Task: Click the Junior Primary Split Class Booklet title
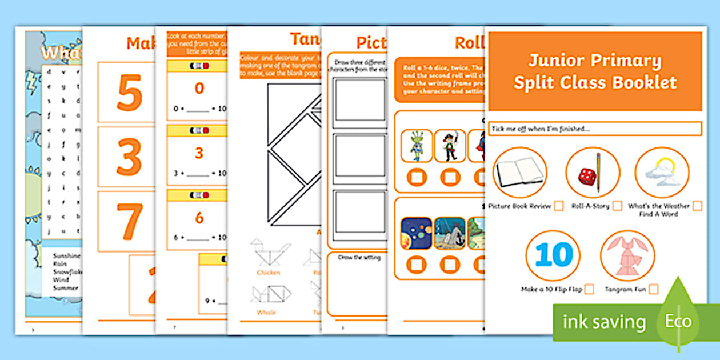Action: (x=594, y=71)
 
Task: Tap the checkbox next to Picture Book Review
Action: (x=559, y=206)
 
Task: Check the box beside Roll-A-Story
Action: (x=617, y=206)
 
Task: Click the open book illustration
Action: (x=519, y=173)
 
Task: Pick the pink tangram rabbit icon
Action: (x=627, y=255)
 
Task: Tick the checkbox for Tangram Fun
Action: (x=653, y=289)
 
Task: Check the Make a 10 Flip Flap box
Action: (x=589, y=289)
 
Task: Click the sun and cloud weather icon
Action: (x=661, y=173)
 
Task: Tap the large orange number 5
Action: (x=129, y=93)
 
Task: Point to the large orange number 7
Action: (x=129, y=221)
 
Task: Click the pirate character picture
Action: (x=450, y=146)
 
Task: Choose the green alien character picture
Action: (x=417, y=146)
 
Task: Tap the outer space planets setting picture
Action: (x=417, y=233)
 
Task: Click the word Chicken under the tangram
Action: (x=268, y=273)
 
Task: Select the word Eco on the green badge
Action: (x=677, y=321)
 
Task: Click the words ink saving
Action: (x=605, y=322)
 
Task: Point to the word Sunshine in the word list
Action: (x=66, y=256)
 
